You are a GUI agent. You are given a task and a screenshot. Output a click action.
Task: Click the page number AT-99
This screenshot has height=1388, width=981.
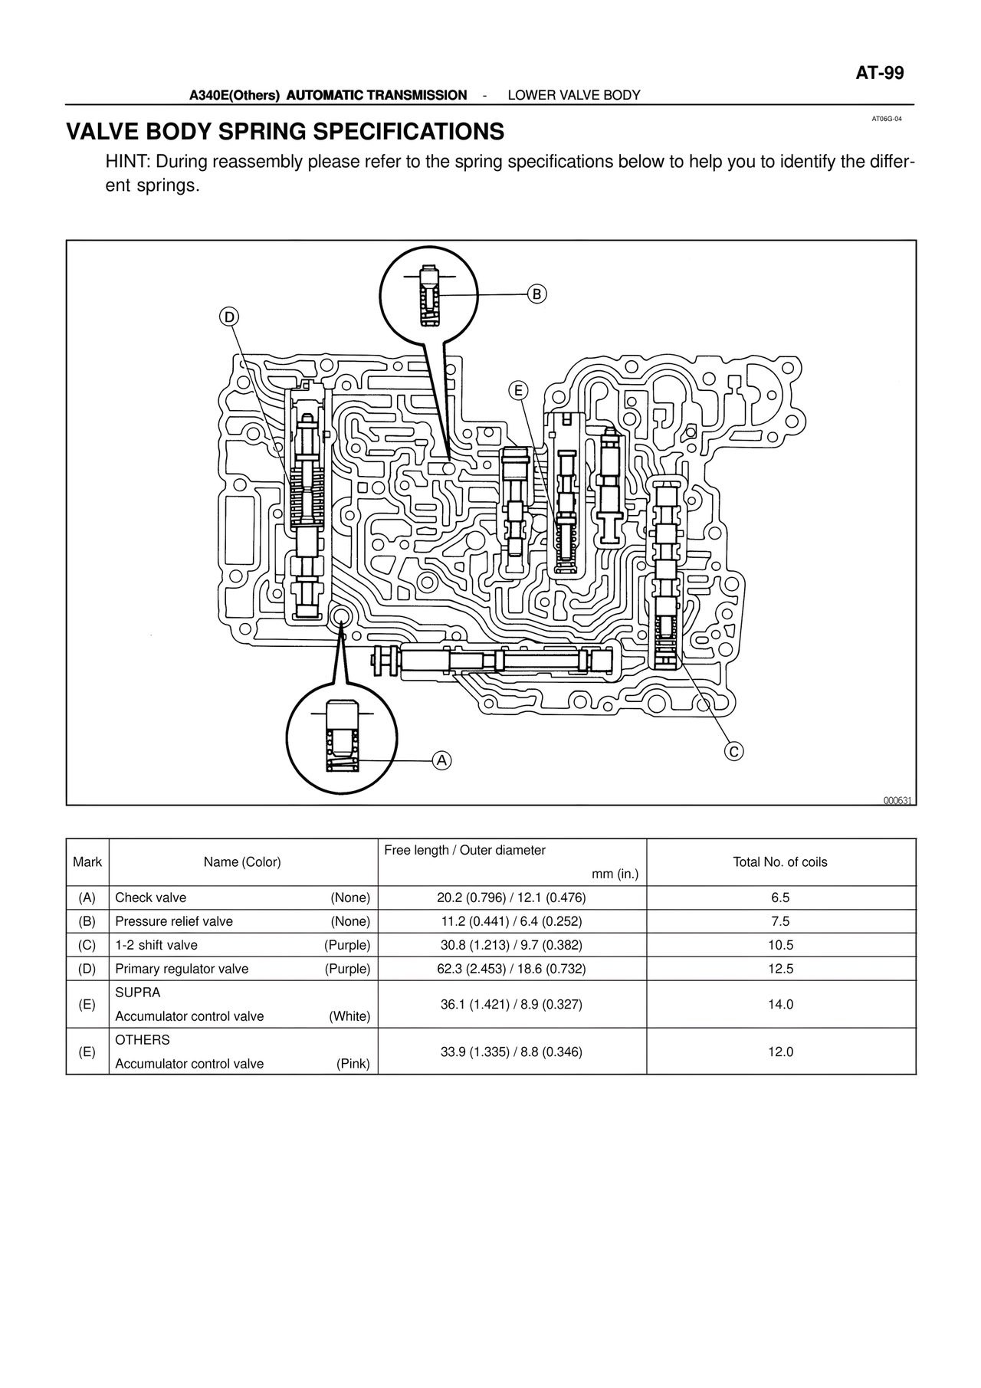tap(879, 74)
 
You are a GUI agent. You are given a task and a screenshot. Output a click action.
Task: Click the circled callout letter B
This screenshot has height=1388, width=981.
tap(537, 294)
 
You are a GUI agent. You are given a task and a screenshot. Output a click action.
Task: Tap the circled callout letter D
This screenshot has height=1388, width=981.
tap(229, 317)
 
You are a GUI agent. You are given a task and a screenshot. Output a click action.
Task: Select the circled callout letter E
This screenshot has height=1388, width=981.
tap(518, 391)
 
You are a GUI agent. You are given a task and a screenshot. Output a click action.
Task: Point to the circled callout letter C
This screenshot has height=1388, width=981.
tap(733, 752)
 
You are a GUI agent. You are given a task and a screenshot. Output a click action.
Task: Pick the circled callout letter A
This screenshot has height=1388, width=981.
tap(441, 760)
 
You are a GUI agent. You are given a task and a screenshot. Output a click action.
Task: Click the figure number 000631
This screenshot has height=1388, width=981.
tap(899, 801)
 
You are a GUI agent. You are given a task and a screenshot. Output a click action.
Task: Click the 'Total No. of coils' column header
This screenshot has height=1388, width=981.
tap(780, 862)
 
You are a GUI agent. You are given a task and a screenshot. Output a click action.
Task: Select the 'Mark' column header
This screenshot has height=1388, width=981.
tap(87, 862)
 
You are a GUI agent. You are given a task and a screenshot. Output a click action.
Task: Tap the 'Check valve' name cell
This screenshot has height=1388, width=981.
tap(151, 898)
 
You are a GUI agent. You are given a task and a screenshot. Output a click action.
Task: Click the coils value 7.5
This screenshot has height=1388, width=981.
tap(780, 921)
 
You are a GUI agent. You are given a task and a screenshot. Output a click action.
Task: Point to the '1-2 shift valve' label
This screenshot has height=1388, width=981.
tap(156, 945)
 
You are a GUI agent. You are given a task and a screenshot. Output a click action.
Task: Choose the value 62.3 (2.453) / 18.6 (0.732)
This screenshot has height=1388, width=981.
tap(511, 969)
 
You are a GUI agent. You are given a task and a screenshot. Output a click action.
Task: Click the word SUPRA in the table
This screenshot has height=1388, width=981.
tap(138, 993)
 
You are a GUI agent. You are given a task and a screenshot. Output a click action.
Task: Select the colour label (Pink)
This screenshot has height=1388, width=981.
tap(353, 1064)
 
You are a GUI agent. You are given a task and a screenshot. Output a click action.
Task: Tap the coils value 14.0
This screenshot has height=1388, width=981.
tap(780, 1004)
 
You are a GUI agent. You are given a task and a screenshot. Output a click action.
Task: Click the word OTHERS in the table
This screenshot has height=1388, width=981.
tap(143, 1040)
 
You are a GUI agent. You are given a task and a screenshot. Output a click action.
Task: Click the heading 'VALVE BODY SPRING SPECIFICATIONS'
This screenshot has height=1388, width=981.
tap(285, 132)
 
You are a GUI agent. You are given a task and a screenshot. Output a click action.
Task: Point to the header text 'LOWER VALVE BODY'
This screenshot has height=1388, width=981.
tap(574, 95)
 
